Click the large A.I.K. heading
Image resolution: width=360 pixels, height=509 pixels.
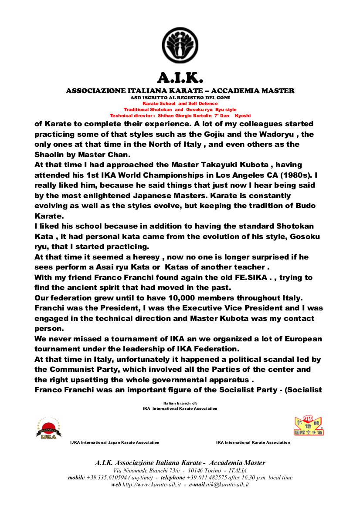coord(180,78)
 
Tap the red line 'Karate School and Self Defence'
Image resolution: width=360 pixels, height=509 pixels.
coord(180,104)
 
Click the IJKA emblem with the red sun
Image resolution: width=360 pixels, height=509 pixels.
coord(48,428)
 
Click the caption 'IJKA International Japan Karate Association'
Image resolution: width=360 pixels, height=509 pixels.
coord(115,442)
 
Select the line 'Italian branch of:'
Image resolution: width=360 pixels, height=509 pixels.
coord(180,404)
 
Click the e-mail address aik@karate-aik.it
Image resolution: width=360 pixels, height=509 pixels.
coord(227,485)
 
